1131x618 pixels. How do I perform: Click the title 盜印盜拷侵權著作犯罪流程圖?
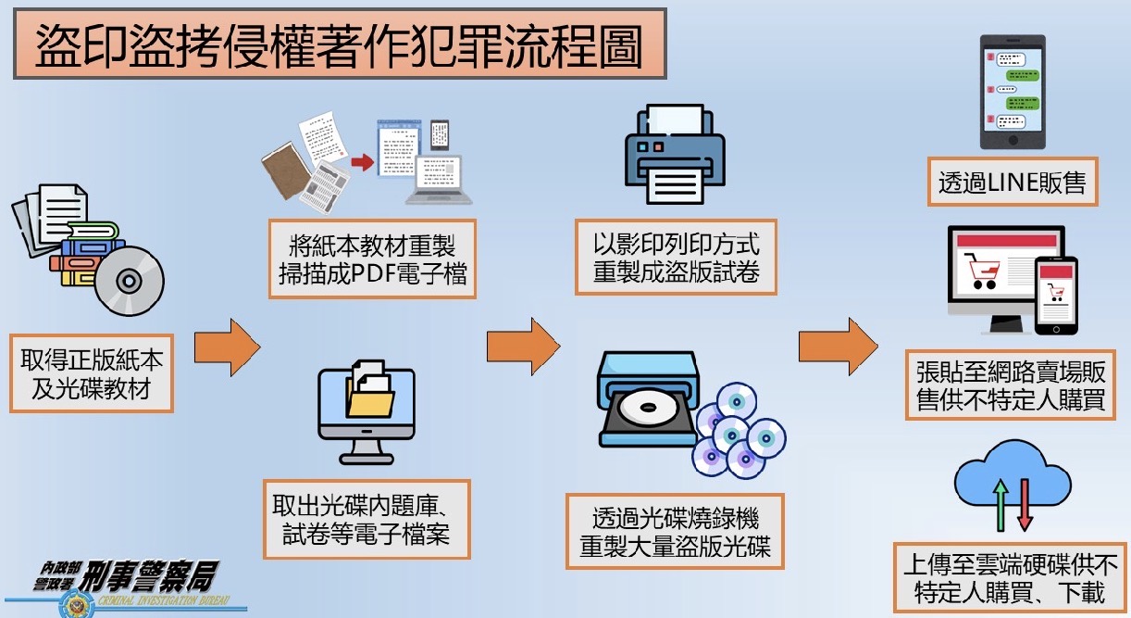pyautogui.click(x=339, y=45)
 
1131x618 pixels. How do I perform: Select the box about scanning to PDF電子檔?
pyautogui.click(x=372, y=259)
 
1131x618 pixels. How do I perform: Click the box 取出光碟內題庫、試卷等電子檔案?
pyautogui.click(x=367, y=520)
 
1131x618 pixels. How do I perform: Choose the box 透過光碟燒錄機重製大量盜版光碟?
pyautogui.click(x=675, y=531)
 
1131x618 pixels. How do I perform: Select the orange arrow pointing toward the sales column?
pyautogui.click(x=838, y=347)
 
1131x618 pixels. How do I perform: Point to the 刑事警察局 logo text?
pyautogui.click(x=148, y=579)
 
